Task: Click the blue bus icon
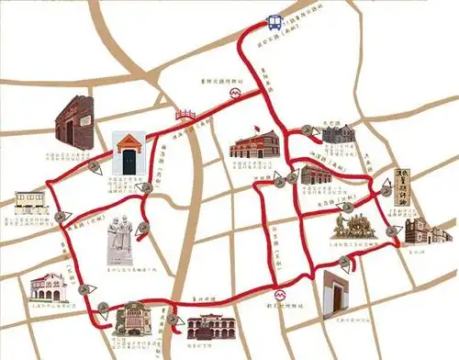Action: [x=274, y=22]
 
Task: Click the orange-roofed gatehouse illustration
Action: [x=129, y=152]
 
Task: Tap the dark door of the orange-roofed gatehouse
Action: [x=129, y=162]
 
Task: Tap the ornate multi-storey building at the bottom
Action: [x=135, y=324]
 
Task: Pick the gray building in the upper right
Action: [x=339, y=133]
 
